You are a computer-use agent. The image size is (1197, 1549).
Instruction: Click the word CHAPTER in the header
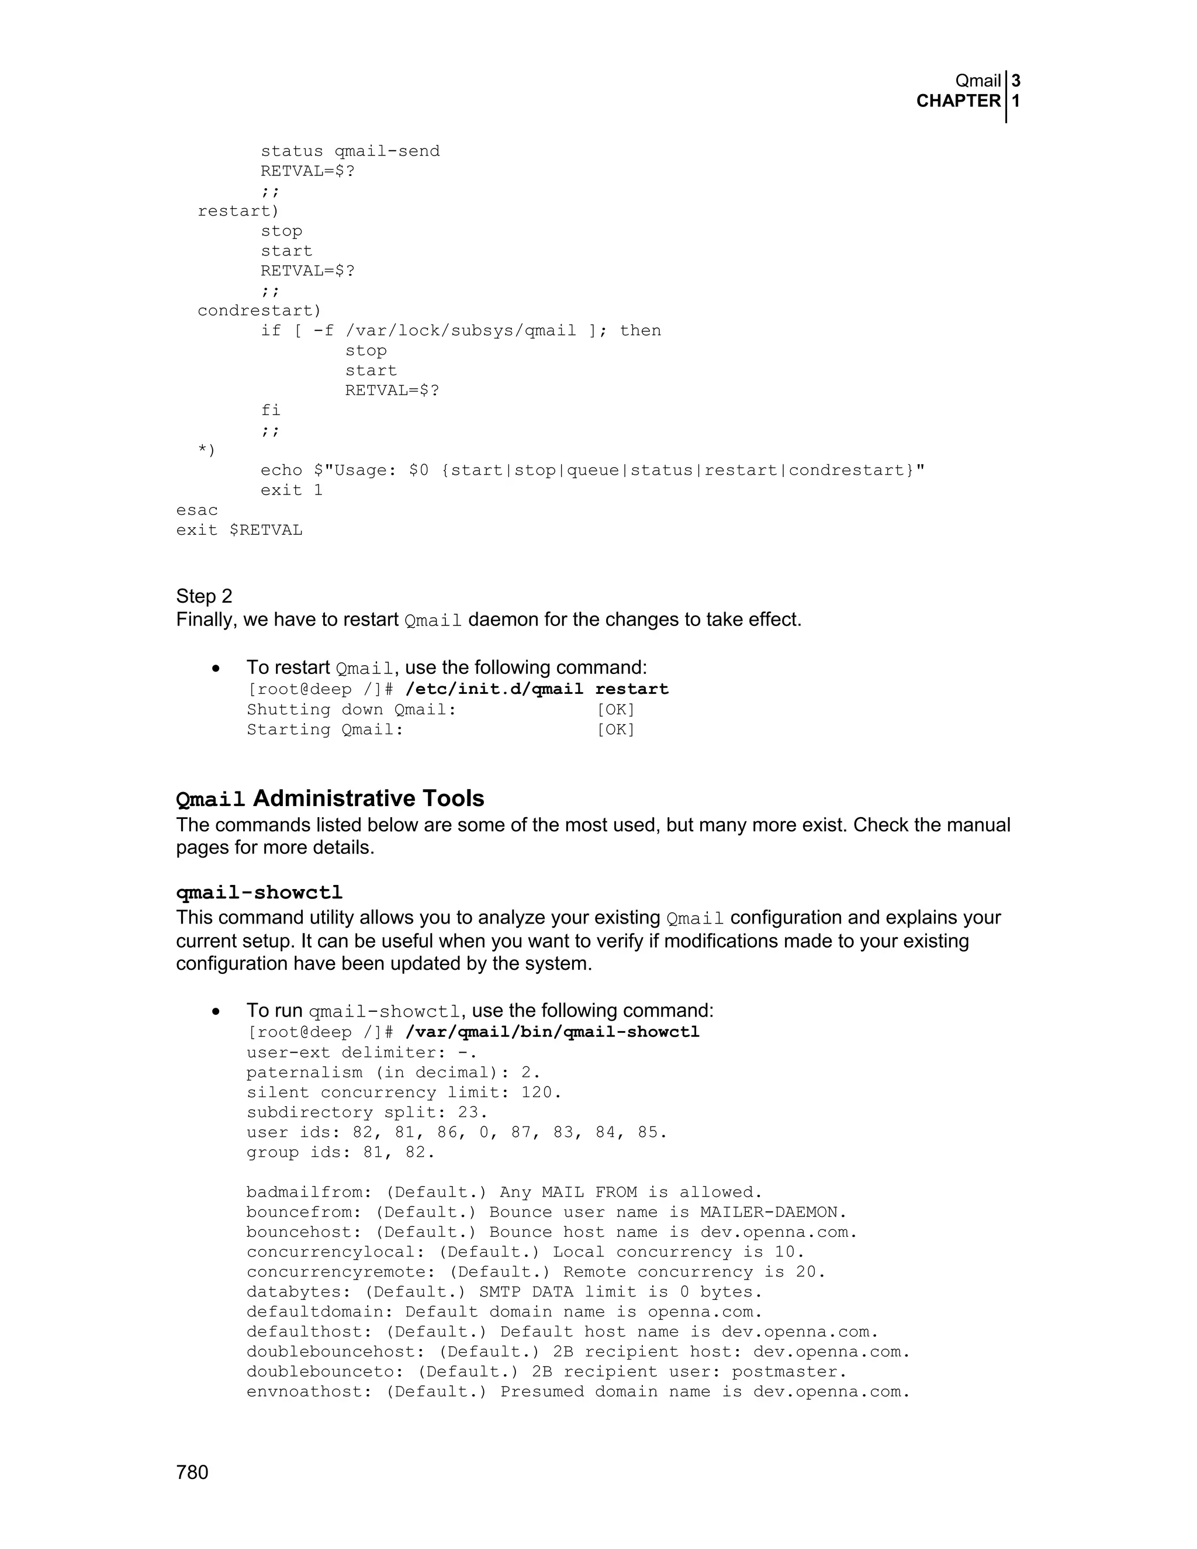click(958, 102)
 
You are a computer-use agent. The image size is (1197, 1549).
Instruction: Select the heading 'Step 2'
click(204, 596)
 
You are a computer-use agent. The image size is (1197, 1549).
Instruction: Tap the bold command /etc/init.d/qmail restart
click(537, 689)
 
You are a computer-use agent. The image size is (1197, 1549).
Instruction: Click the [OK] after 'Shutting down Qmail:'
click(615, 709)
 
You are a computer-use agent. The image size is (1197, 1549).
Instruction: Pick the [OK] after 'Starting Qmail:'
click(615, 729)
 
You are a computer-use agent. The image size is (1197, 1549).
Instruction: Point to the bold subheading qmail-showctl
click(260, 892)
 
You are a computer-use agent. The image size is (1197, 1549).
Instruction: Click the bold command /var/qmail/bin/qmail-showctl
click(552, 1032)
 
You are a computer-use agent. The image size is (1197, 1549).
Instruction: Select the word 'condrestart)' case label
click(260, 310)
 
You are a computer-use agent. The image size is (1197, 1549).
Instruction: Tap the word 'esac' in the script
click(197, 510)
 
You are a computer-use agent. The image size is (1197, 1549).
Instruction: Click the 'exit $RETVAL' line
click(239, 530)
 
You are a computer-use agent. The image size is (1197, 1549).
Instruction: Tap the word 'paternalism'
click(304, 1073)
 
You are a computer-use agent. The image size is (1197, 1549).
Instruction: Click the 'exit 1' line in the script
click(292, 490)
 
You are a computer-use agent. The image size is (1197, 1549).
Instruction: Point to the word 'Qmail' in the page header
click(978, 81)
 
